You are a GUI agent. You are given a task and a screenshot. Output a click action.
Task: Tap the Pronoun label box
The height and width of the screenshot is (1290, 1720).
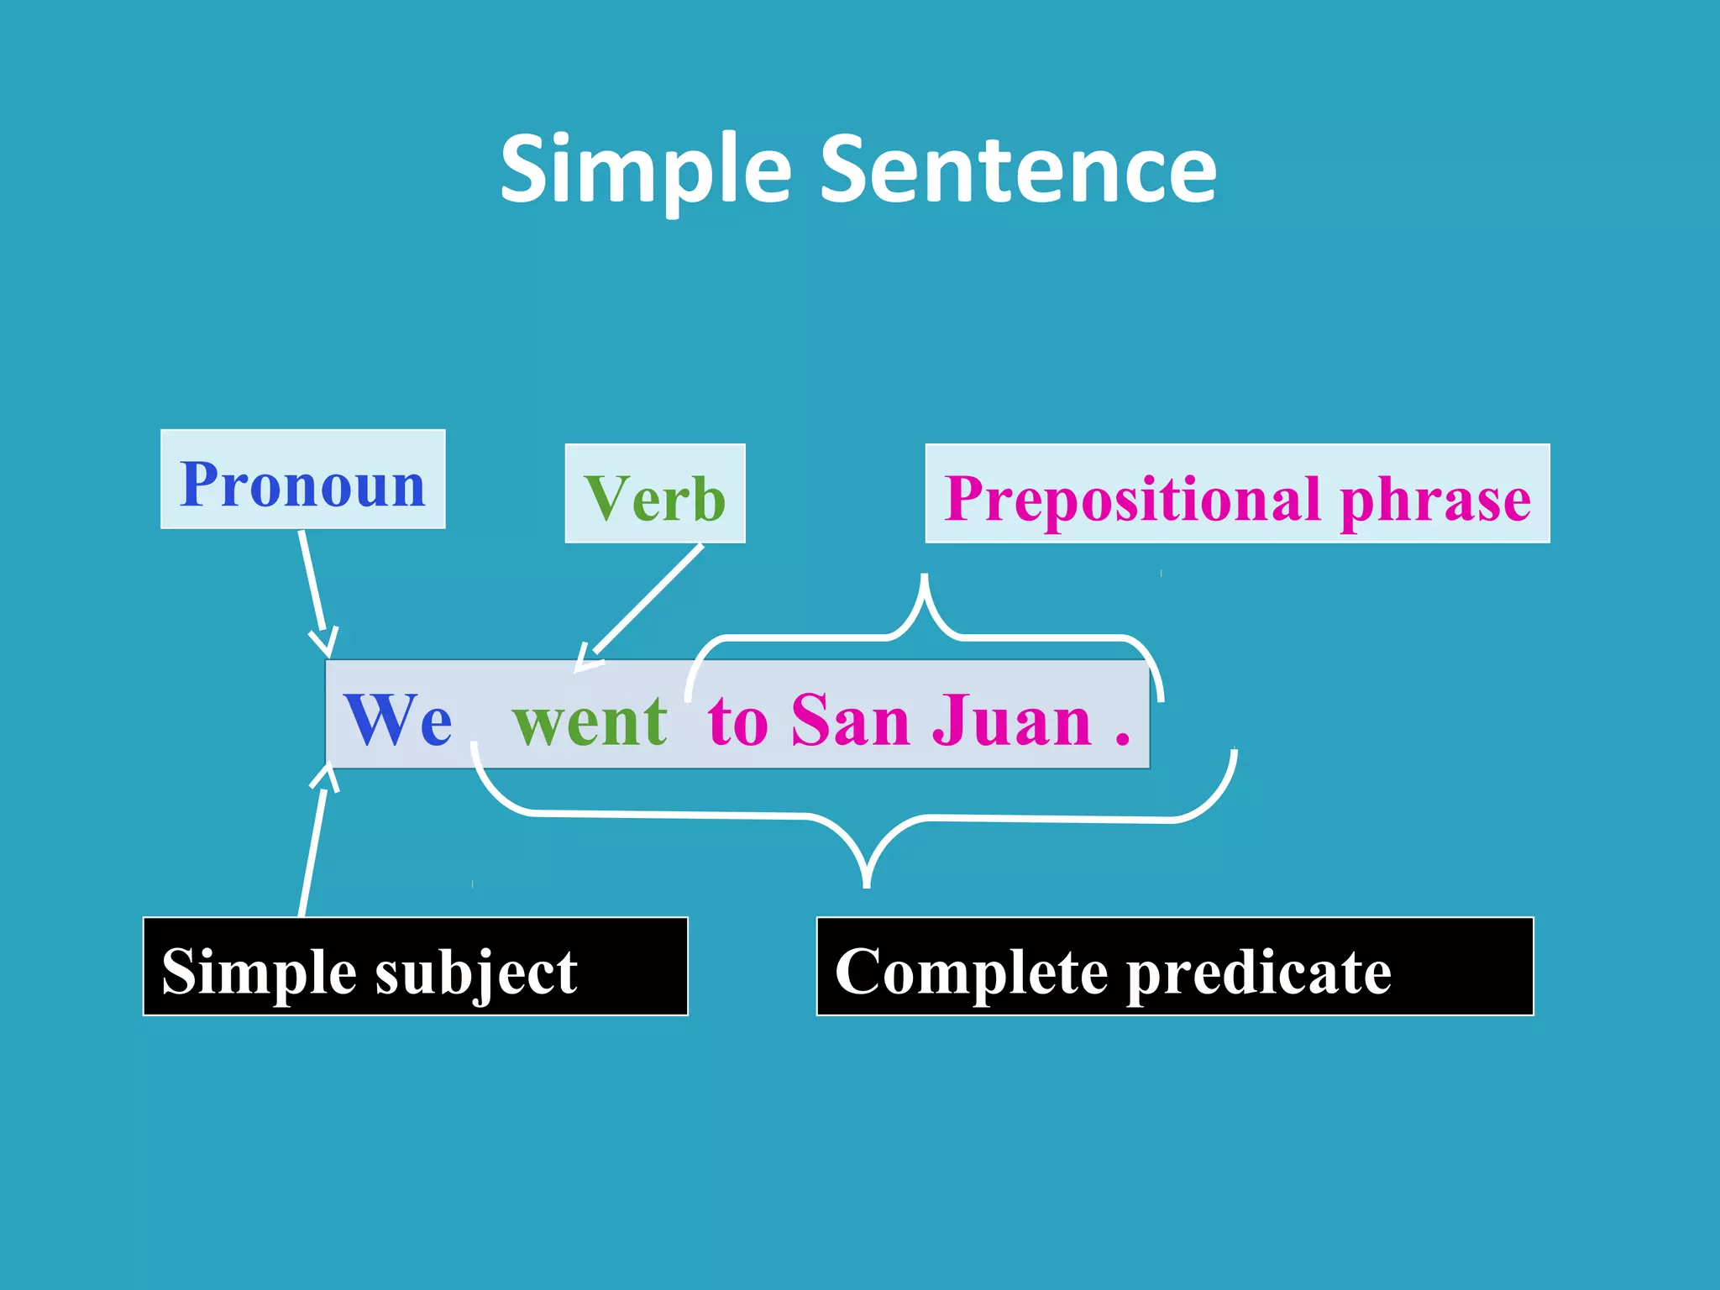pos(302,480)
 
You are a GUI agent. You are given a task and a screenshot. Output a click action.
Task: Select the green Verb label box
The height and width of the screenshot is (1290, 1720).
pos(654,495)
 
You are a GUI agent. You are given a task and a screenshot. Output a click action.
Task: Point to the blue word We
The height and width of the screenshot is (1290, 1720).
pos(397,719)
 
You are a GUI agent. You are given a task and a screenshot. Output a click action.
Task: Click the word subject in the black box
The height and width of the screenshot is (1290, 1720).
pos(475,972)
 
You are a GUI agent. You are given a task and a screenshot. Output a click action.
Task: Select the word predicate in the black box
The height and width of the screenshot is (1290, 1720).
pos(1258,972)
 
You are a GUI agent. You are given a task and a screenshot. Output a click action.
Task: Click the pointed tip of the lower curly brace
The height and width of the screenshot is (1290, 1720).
pos(867,884)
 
